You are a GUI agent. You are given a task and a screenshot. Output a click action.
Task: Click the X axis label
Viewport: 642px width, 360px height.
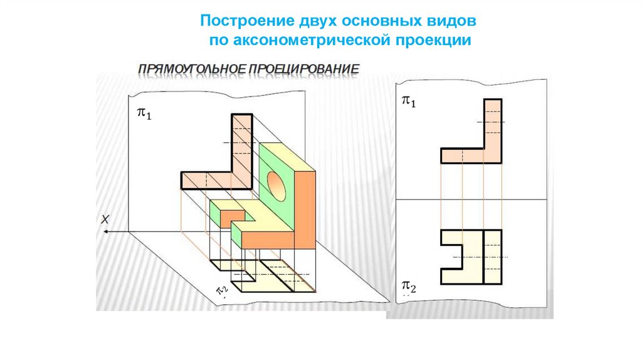(x=106, y=220)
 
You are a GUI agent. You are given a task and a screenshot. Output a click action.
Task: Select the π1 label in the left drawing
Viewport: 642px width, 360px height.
(x=144, y=114)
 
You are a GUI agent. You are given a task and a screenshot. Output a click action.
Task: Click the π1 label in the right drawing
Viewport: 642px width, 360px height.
(x=409, y=101)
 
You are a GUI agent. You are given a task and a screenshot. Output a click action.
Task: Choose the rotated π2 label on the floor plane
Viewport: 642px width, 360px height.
(x=222, y=289)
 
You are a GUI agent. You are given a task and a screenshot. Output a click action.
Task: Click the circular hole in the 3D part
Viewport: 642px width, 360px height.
(x=275, y=182)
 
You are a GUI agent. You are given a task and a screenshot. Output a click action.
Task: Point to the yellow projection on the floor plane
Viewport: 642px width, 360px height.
(x=276, y=276)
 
